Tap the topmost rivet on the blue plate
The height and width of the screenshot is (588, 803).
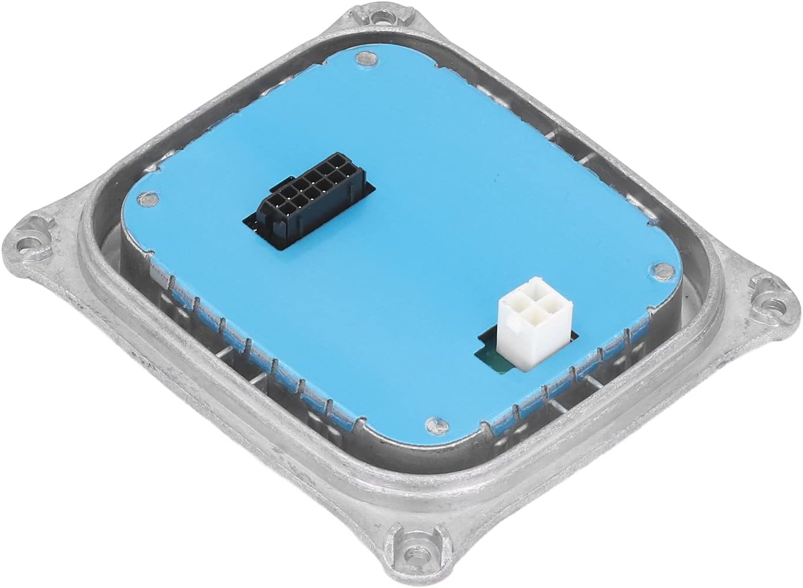point(364,58)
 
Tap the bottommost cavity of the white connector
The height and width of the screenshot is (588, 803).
point(528,319)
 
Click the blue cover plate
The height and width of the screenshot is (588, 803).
point(408,262)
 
